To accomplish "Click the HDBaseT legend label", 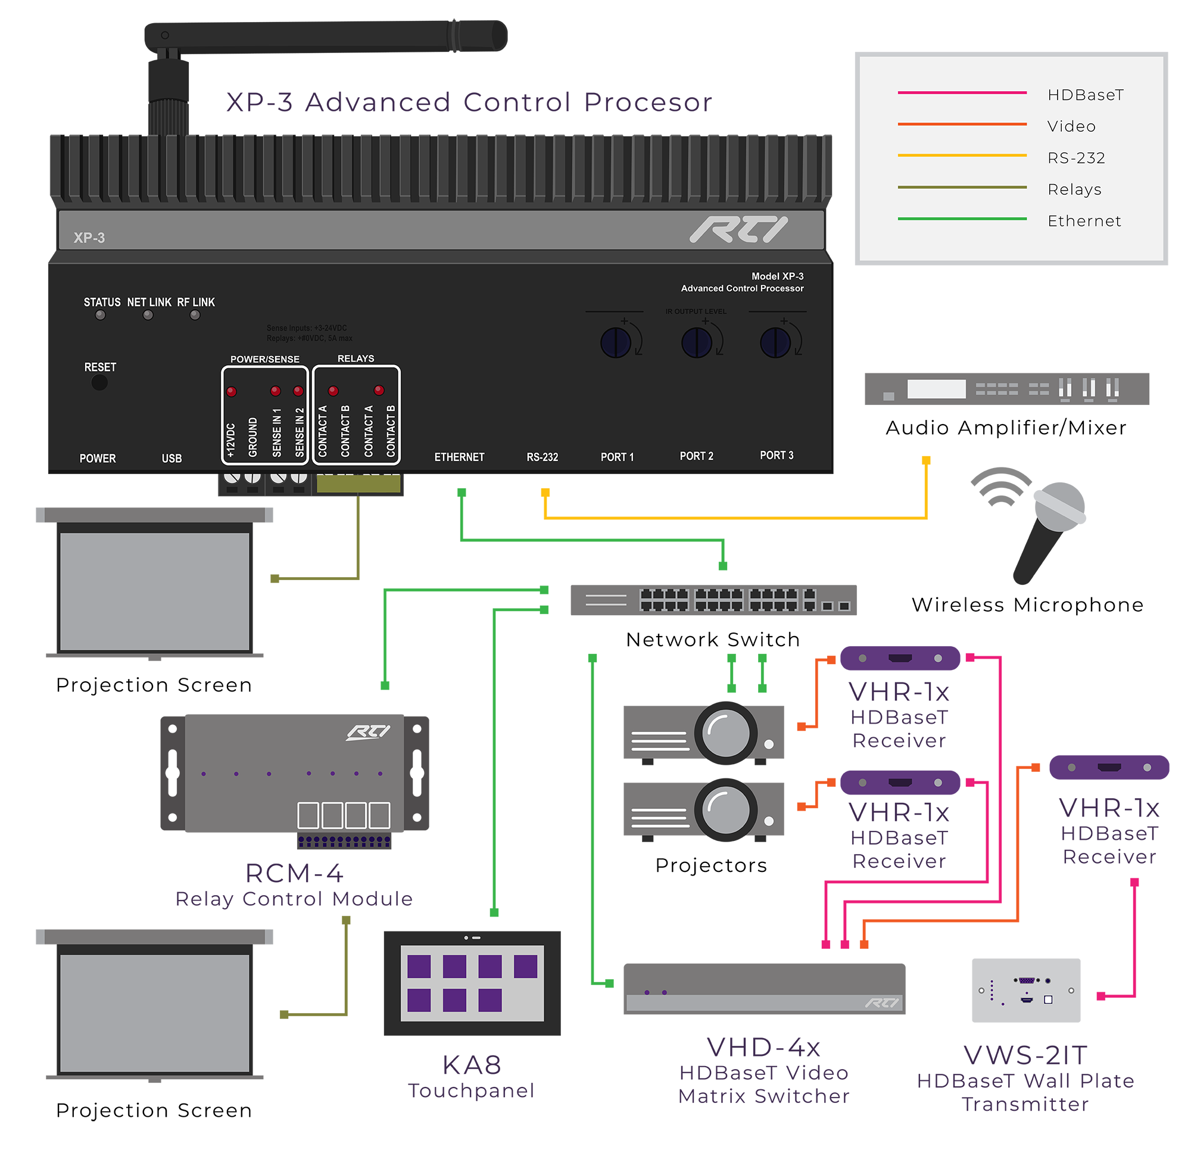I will click(1085, 95).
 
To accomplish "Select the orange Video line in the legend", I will click(962, 124).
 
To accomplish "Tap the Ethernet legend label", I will click(1084, 221).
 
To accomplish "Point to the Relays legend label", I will click(1074, 189).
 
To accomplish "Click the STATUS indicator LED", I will click(100, 316).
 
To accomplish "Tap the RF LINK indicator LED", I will click(195, 316).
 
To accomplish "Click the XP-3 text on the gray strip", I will click(89, 238).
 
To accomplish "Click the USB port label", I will click(172, 459).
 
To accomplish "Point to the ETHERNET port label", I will click(459, 457).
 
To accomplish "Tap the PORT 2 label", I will click(696, 456).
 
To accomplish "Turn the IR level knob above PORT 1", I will click(616, 343).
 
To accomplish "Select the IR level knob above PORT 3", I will click(775, 343).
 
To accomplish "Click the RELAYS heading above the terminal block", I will click(356, 359).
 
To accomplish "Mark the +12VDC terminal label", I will click(231, 441).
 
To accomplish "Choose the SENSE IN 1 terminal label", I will click(277, 433).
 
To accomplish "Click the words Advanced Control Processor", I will click(742, 289).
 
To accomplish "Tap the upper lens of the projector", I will click(725, 733).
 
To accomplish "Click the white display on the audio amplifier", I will click(936, 389).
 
